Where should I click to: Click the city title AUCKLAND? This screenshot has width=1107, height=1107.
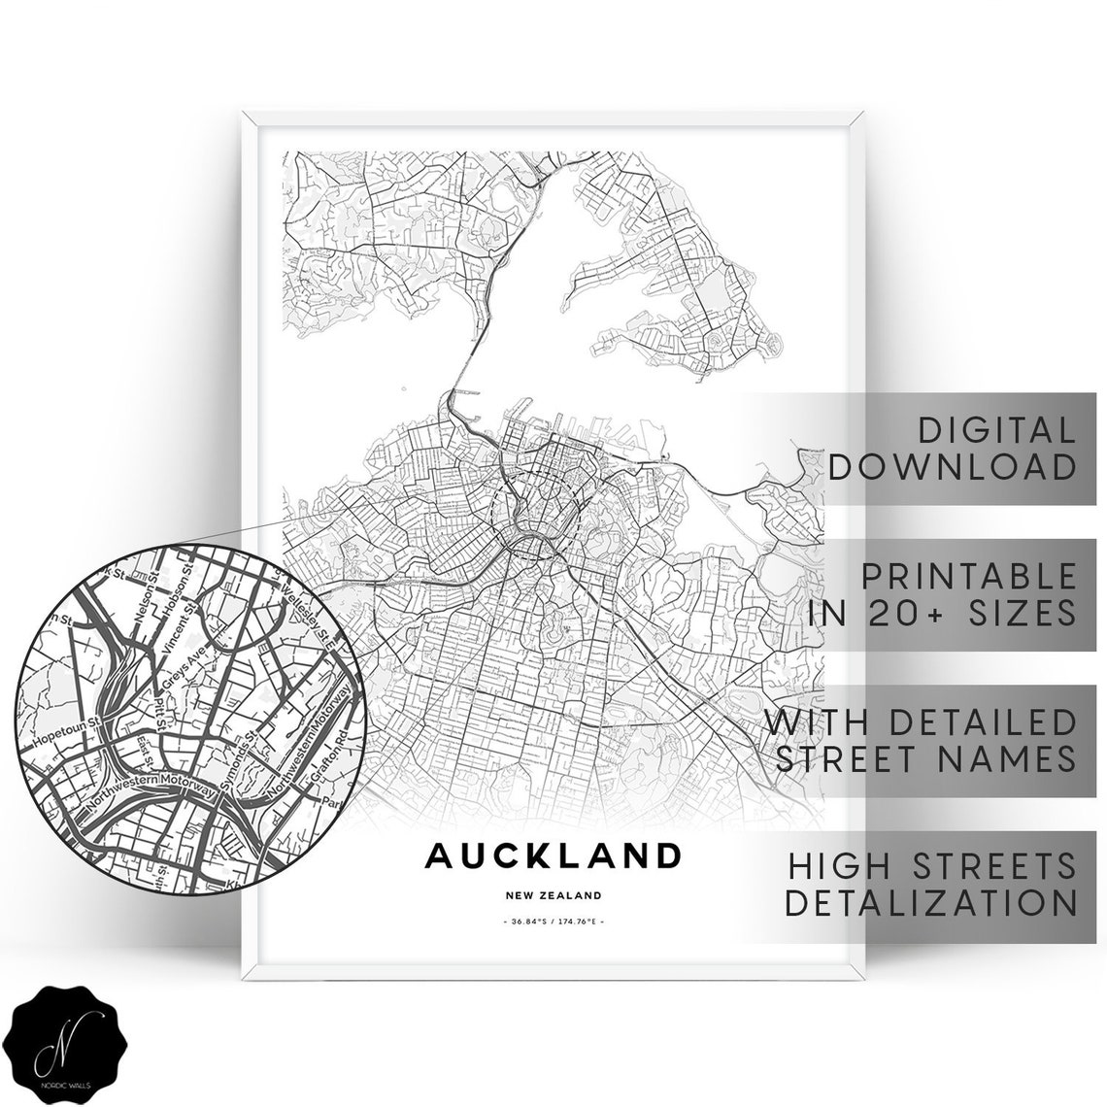tap(553, 855)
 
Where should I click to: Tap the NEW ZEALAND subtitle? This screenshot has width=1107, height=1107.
tap(553, 895)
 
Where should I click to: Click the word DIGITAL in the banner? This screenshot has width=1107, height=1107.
tap(997, 430)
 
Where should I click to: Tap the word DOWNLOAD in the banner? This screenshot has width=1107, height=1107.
tap(953, 467)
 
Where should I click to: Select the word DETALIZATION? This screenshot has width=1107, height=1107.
tap(931, 903)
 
